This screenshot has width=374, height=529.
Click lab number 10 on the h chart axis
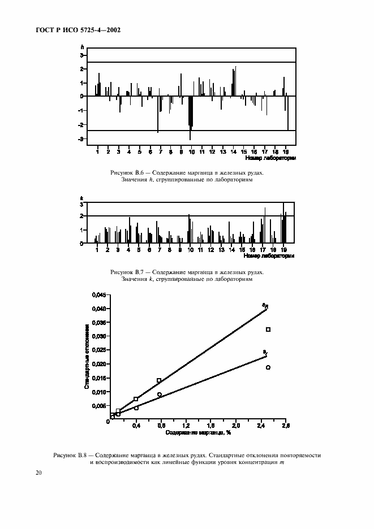coord(191,152)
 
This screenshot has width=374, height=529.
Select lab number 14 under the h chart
coord(233,152)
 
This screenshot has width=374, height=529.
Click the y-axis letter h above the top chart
coord(82,48)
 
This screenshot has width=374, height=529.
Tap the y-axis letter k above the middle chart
coord(82,197)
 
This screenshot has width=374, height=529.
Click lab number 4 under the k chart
coord(128,249)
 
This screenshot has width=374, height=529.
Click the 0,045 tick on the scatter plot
coord(98,295)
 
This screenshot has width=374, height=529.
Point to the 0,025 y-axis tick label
coord(98,350)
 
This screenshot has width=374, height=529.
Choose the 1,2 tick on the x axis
coord(186,426)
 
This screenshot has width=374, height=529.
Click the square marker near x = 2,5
coord(268,329)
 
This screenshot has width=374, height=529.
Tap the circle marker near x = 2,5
coord(268,367)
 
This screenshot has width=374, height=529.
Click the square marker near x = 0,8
coord(159,380)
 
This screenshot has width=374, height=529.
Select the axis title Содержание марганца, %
coord(198,433)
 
